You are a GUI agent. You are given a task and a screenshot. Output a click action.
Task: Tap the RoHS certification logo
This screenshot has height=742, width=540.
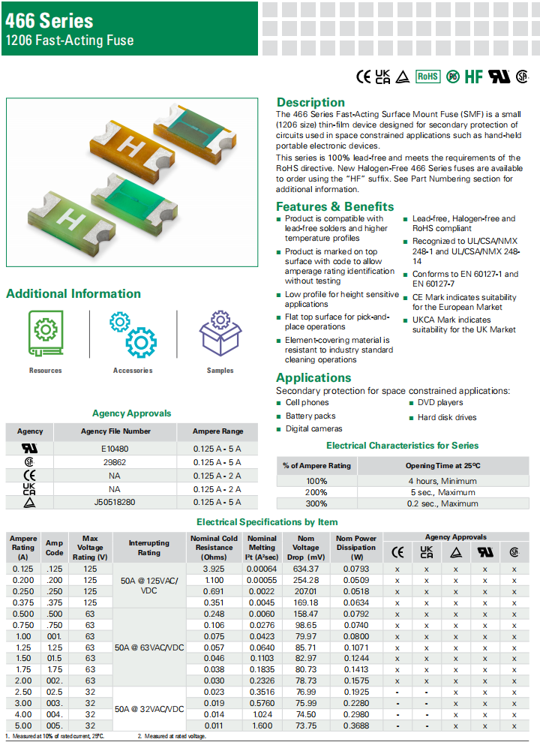[x=427, y=77]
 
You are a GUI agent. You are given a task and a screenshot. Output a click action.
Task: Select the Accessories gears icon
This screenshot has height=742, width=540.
[x=133, y=333]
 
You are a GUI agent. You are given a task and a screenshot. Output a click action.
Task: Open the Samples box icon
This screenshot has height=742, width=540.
[x=220, y=333]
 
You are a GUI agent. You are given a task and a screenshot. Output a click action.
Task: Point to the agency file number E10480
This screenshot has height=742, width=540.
[x=115, y=449]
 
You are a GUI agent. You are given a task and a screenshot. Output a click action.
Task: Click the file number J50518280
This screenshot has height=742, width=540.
[x=115, y=502]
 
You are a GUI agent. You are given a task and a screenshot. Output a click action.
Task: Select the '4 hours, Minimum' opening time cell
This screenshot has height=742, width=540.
[x=442, y=481]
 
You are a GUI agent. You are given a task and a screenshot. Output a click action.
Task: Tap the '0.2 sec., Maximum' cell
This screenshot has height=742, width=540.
[x=442, y=504]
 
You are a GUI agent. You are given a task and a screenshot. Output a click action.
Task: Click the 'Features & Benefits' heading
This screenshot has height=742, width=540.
[x=334, y=206]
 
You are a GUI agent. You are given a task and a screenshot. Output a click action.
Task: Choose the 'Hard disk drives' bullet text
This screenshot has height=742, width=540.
[x=446, y=417]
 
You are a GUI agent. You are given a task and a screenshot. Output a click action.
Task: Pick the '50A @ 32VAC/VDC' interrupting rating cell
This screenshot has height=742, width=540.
[x=148, y=708]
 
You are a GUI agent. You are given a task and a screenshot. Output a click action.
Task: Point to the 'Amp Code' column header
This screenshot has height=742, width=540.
[x=54, y=547]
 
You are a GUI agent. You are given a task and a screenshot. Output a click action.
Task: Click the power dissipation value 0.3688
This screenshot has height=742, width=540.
[x=355, y=725]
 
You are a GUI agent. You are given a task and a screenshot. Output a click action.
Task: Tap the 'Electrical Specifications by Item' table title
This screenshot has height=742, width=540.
[x=267, y=521]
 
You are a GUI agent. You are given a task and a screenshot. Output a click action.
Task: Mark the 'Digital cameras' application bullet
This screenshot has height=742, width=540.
[x=313, y=429]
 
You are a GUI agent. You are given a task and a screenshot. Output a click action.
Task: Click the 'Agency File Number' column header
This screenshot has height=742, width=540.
[x=115, y=431]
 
